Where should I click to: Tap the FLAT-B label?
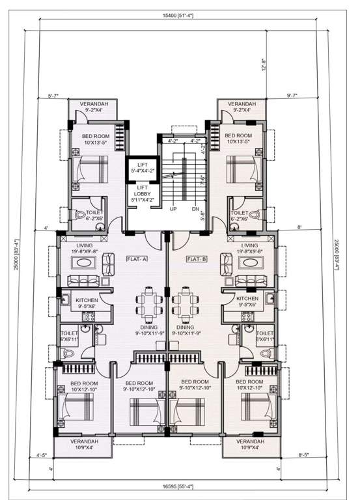(x=197, y=258)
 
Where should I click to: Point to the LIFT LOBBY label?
(x=143, y=193)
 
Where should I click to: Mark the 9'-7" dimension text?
(x=293, y=96)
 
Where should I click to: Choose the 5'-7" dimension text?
(x=53, y=96)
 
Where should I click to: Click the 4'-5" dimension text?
(x=43, y=456)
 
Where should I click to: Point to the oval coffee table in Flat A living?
(x=85, y=263)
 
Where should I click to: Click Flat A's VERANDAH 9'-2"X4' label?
(x=94, y=107)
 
